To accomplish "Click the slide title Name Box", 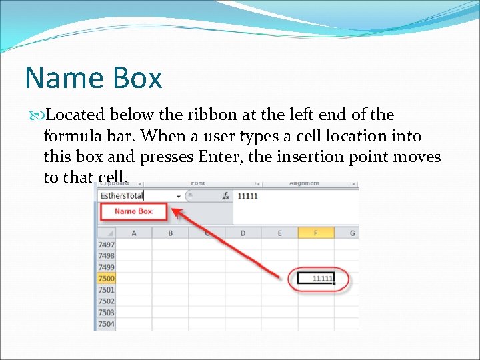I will pyautogui.click(x=93, y=78).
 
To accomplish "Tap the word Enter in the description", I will pyautogui.click(x=217, y=157).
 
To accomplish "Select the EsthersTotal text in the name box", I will pyautogui.click(x=122, y=196).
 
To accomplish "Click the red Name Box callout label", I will pyautogui.click(x=133, y=211).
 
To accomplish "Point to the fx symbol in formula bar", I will pyautogui.click(x=225, y=196).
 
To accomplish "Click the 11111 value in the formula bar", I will pyautogui.click(x=247, y=196).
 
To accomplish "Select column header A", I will pyautogui.click(x=134, y=233).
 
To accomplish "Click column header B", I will pyautogui.click(x=171, y=233).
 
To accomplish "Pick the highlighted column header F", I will pyautogui.click(x=316, y=233).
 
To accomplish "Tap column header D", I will pyautogui.click(x=243, y=233).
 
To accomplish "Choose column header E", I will pyautogui.click(x=279, y=233).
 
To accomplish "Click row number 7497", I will pyautogui.click(x=106, y=245).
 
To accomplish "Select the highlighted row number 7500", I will pyautogui.click(x=106, y=279).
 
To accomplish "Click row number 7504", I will pyautogui.click(x=106, y=324).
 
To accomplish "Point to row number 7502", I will pyautogui.click(x=106, y=301).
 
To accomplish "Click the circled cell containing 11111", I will pyautogui.click(x=316, y=279).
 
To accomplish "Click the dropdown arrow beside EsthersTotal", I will pyautogui.click(x=179, y=196).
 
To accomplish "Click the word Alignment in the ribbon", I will pyautogui.click(x=304, y=183).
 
